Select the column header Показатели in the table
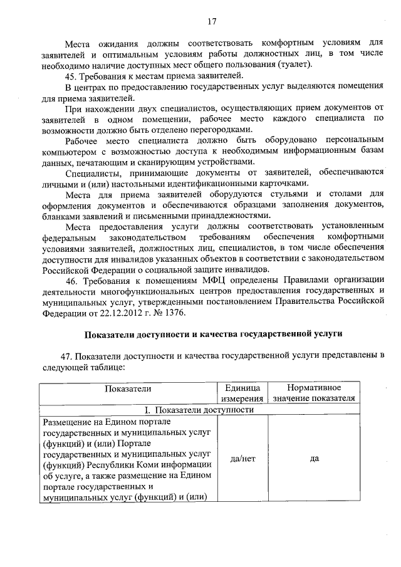pos(128,388)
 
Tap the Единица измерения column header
pos(242,393)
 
